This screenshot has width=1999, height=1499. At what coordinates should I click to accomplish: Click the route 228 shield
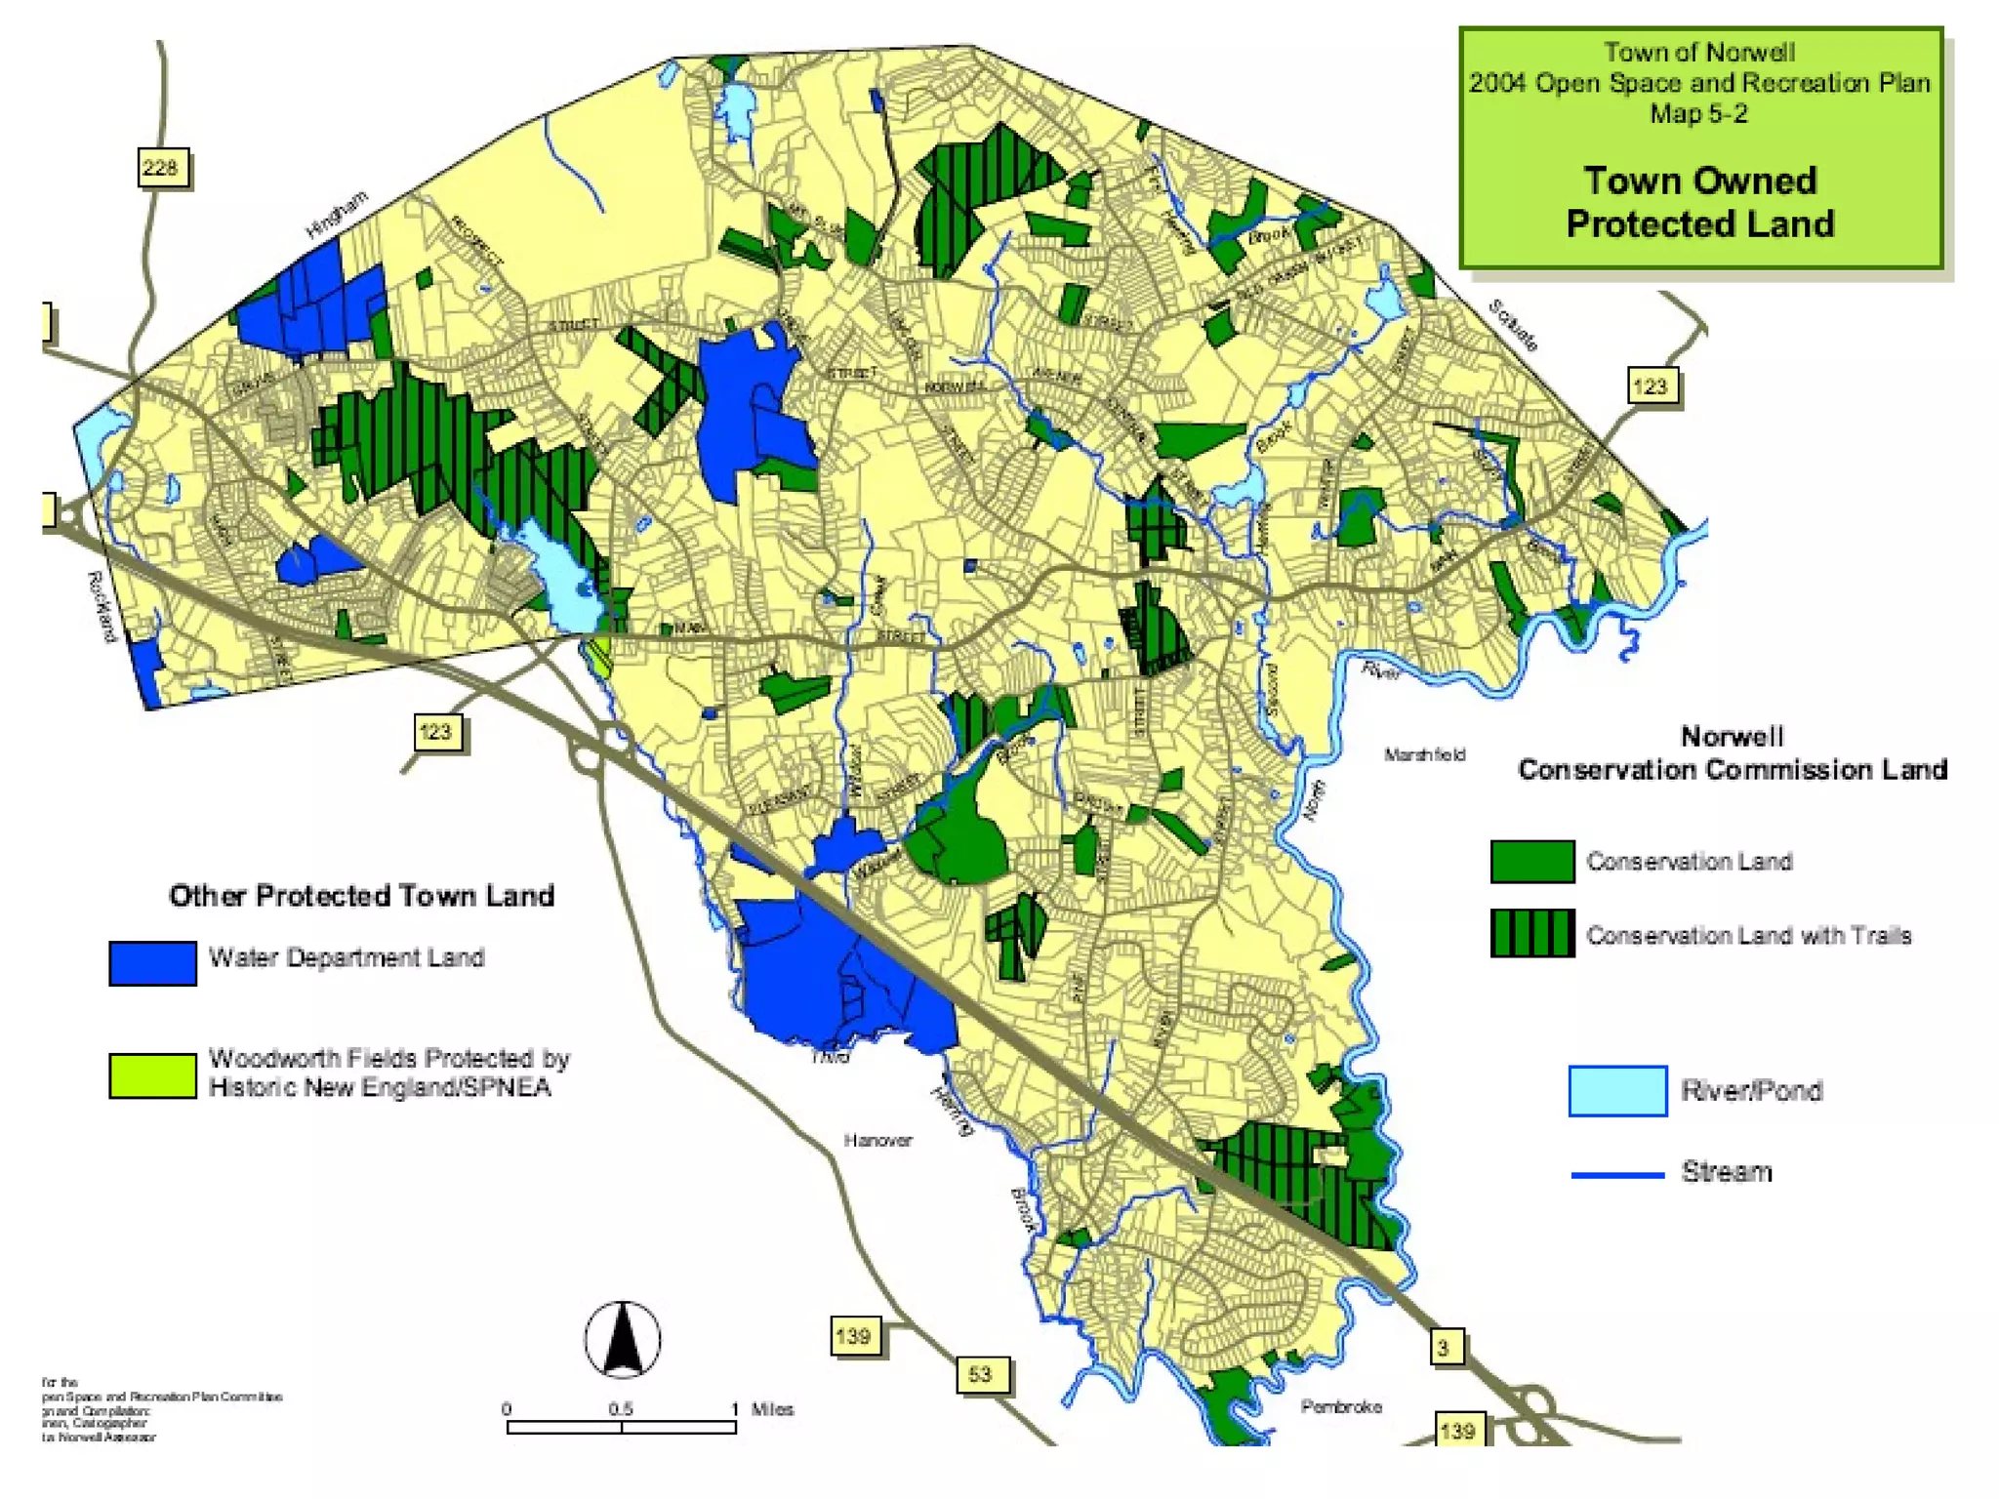[161, 168]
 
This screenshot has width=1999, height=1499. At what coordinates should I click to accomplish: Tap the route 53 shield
[980, 1374]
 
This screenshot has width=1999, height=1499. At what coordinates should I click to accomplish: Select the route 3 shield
[1444, 1349]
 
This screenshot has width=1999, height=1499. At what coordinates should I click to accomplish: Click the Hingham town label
[337, 215]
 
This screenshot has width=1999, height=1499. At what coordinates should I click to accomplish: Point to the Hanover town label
[877, 1140]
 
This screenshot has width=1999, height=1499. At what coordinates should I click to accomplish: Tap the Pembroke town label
[1340, 1406]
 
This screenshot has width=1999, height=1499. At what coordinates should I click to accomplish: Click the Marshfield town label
[1424, 754]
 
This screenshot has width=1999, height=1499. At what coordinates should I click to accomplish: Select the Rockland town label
[102, 606]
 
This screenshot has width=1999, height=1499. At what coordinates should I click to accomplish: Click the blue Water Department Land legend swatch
[152, 963]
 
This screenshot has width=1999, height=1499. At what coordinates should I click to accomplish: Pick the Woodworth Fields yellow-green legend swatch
[152, 1075]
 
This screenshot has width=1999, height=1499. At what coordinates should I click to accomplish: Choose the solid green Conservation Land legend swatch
[1531, 862]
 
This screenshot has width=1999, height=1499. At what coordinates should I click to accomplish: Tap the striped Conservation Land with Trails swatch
[1531, 933]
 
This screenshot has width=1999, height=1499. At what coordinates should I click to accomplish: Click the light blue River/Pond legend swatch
[1616, 1090]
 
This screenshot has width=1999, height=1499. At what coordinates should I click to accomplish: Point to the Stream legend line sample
[1616, 1175]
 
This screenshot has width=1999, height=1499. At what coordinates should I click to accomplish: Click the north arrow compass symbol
[623, 1339]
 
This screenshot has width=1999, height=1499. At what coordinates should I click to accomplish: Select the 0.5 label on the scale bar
[621, 1409]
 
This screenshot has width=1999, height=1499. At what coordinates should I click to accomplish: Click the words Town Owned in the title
[1699, 181]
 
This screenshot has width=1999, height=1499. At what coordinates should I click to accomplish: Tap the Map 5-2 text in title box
[1698, 114]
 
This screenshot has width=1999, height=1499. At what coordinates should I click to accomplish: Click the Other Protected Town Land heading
[361, 896]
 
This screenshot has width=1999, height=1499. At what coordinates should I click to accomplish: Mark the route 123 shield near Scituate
[1651, 386]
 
